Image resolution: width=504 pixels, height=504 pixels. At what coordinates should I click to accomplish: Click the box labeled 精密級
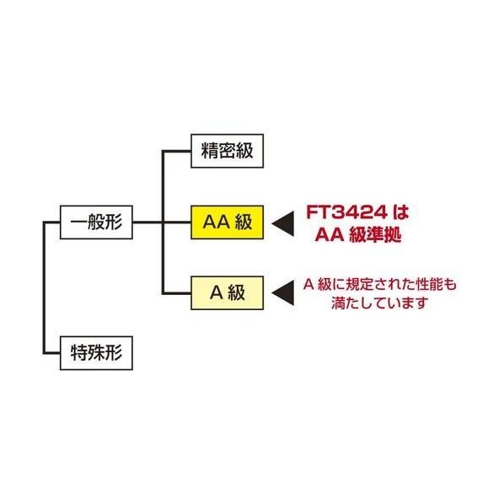[228, 151]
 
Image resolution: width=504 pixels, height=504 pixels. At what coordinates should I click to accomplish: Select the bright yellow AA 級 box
[228, 223]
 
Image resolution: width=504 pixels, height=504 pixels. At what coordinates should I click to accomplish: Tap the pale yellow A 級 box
[228, 292]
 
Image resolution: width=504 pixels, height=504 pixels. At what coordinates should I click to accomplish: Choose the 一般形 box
[96, 223]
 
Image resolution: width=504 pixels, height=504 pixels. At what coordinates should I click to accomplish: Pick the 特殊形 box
[96, 353]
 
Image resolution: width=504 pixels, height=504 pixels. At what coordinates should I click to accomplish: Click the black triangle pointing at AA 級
[283, 223]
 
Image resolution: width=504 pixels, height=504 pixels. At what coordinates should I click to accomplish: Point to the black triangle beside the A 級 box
[283, 292]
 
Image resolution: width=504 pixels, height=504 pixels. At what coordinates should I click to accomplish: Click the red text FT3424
[346, 212]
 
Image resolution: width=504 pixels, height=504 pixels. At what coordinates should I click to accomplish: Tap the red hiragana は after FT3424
[401, 212]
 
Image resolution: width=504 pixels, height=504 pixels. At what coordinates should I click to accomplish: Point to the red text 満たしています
[379, 303]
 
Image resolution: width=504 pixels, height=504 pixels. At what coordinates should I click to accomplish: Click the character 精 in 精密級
[210, 151]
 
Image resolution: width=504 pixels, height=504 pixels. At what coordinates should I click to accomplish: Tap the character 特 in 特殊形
[79, 353]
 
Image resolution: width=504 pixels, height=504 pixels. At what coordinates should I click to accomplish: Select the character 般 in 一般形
[96, 223]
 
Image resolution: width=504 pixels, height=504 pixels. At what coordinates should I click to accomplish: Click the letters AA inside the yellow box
[216, 223]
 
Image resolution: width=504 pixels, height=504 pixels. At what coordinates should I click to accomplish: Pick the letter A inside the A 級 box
[217, 292]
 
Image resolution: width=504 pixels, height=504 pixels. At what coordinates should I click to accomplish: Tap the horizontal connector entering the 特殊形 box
[52, 353]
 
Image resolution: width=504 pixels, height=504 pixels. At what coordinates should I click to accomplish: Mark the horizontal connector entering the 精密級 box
[177, 151]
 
